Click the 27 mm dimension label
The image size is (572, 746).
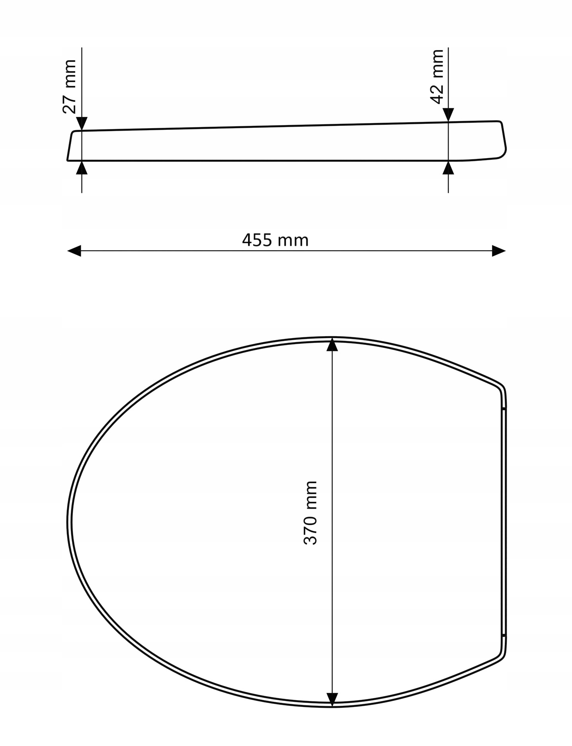click(x=70, y=86)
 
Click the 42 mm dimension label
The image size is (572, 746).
click(x=437, y=77)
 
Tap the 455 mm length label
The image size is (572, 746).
click(x=275, y=240)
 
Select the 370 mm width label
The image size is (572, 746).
click(x=310, y=513)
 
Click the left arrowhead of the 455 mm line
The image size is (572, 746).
click(x=74, y=251)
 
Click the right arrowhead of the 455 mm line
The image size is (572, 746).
click(x=499, y=251)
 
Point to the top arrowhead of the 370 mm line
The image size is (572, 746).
click(x=332, y=345)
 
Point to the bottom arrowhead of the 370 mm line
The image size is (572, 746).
click(x=332, y=699)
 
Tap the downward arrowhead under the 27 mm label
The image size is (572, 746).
click(x=82, y=124)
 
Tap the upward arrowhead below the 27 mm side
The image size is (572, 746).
click(x=82, y=168)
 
